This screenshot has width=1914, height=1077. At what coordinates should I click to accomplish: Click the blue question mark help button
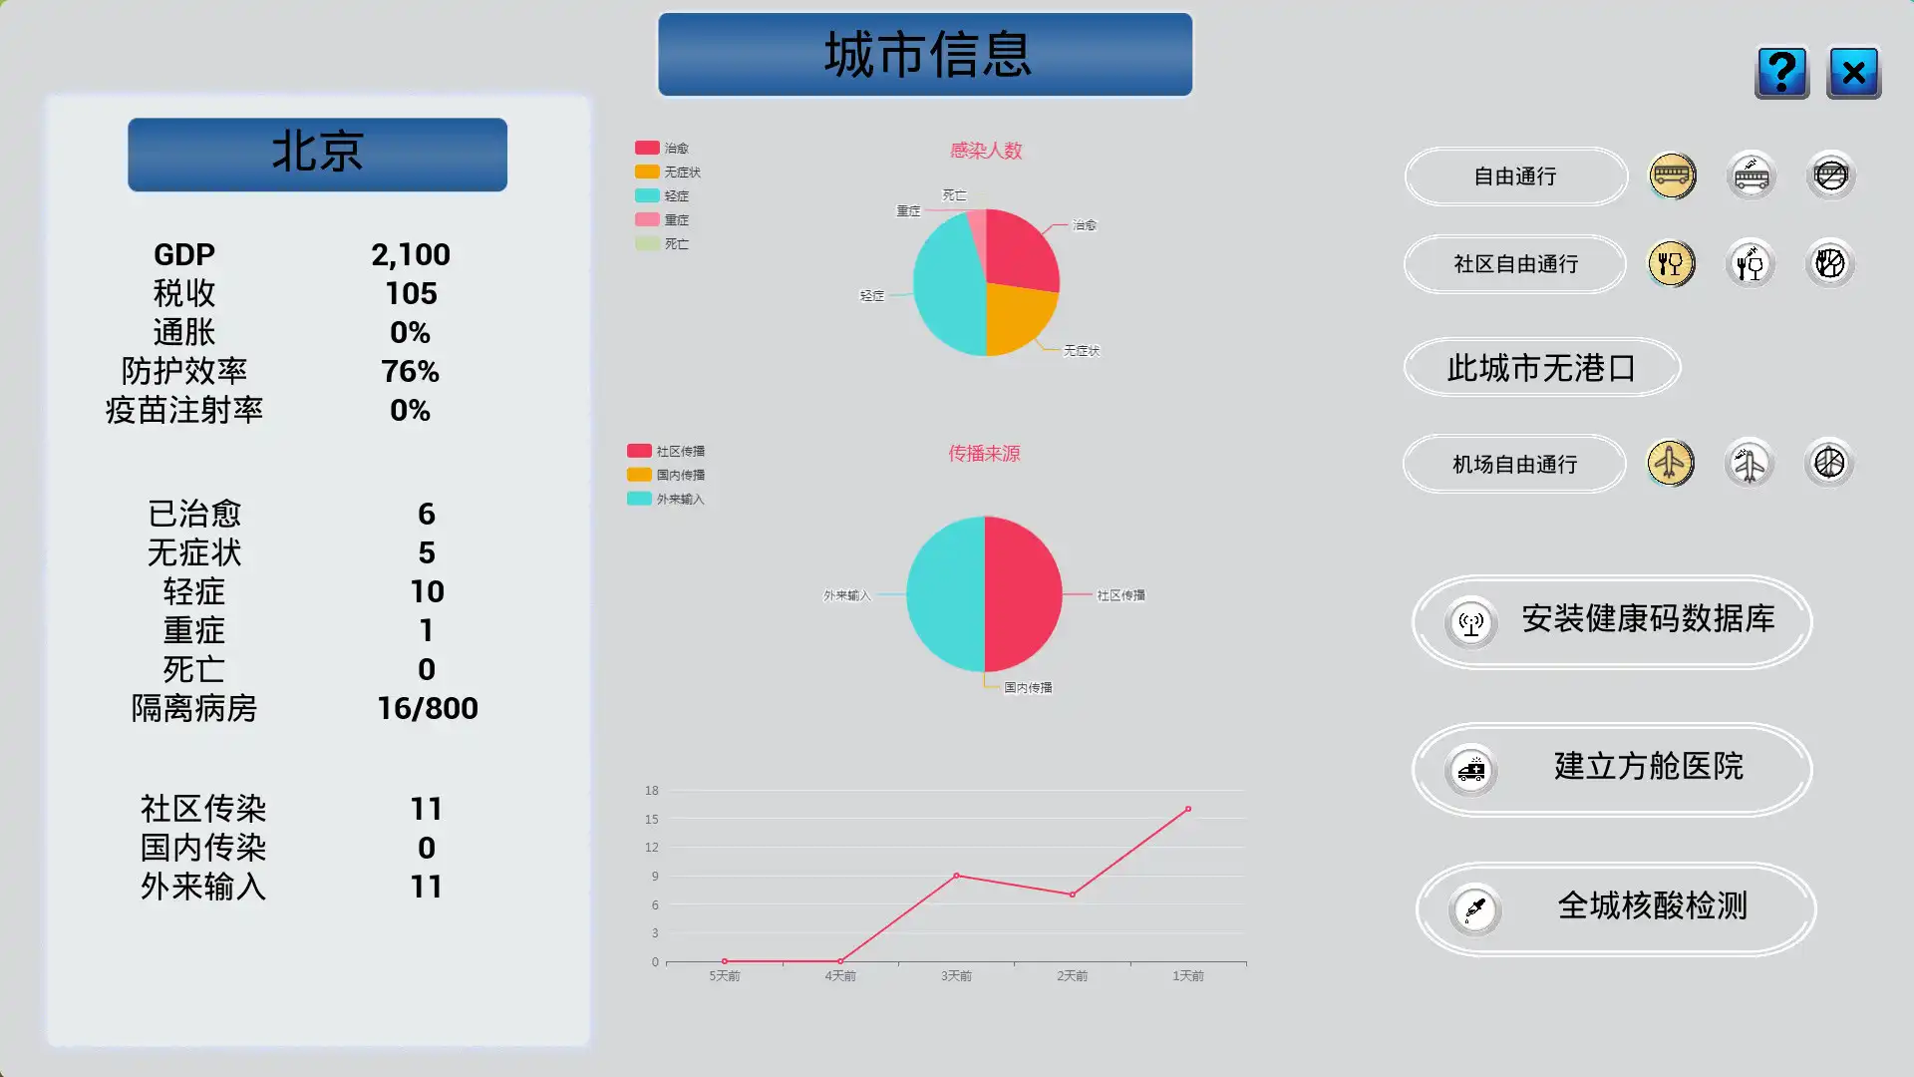click(1781, 73)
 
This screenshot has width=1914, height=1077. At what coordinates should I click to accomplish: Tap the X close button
click(1853, 73)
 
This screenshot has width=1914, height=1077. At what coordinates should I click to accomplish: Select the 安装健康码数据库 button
click(1612, 621)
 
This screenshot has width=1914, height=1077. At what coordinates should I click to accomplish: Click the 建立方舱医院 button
click(1612, 769)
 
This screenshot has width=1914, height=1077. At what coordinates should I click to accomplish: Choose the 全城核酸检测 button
click(1615, 908)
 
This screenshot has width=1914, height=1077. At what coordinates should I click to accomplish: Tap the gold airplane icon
click(1670, 464)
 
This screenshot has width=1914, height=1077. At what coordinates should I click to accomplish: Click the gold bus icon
click(1672, 177)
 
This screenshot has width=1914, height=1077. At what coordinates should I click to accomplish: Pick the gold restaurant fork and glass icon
click(1671, 264)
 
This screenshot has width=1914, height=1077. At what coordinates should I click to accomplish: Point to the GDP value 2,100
click(411, 255)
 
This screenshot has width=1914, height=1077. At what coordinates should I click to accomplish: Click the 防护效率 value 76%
click(410, 372)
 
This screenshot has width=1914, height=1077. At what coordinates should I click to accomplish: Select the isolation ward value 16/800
click(427, 709)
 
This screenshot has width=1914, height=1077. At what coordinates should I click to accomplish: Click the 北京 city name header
click(317, 155)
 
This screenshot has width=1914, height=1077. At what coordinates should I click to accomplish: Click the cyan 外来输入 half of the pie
click(945, 594)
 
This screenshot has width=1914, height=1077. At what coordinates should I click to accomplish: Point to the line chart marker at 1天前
click(1187, 809)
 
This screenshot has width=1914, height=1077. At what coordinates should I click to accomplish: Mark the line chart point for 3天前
click(956, 876)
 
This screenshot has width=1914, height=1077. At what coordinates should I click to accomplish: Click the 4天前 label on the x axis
click(839, 976)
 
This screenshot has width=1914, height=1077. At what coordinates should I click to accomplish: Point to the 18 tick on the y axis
click(651, 791)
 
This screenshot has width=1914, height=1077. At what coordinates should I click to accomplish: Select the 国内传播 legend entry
click(667, 476)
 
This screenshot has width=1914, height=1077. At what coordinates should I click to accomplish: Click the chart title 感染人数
click(985, 151)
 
